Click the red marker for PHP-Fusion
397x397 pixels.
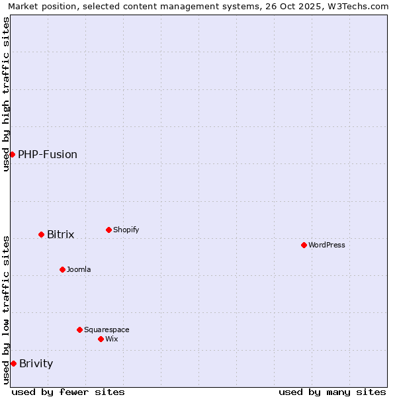12,154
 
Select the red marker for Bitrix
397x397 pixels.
41,234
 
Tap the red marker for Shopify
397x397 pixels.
109,230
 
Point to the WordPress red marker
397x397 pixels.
304,245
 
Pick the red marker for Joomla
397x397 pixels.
62,269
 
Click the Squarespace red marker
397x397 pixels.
79,330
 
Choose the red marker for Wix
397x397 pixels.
101,339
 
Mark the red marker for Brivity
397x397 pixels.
13,363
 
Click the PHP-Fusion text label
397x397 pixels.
48,154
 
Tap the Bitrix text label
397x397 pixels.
60,234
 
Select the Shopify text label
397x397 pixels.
126,230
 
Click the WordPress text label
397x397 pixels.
326,245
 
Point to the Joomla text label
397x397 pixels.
79,269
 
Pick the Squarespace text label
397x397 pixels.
107,330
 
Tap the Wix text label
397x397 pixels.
111,339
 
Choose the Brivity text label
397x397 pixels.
36,363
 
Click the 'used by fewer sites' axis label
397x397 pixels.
68,392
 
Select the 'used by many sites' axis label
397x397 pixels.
332,392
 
